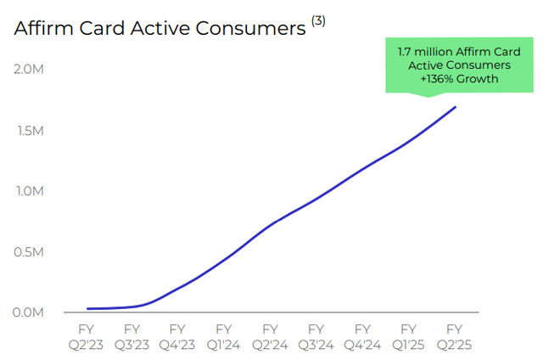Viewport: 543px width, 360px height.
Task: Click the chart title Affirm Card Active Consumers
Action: click(159, 29)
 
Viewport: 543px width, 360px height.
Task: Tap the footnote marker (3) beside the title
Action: click(318, 21)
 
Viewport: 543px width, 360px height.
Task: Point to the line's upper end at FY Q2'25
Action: click(456, 107)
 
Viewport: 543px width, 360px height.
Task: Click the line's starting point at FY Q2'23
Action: click(87, 309)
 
